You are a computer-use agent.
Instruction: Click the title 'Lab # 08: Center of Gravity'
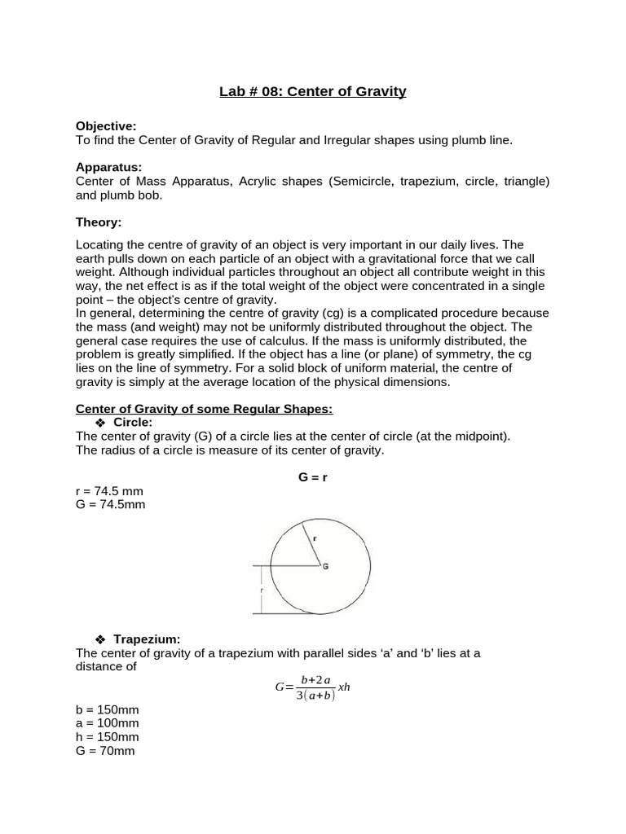(x=312, y=91)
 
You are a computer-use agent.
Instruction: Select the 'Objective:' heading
(x=106, y=125)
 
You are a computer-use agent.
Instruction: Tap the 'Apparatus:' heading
(x=108, y=166)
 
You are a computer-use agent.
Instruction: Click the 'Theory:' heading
(x=99, y=221)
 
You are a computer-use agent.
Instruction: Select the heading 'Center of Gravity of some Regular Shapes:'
(x=204, y=408)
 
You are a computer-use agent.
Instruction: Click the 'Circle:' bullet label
(x=133, y=422)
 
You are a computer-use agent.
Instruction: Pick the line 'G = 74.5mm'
(x=110, y=504)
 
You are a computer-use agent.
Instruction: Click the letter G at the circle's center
(x=325, y=566)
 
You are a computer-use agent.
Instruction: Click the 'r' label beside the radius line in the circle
(x=315, y=538)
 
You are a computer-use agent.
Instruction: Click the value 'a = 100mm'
(x=107, y=723)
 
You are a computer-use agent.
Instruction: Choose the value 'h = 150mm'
(x=107, y=737)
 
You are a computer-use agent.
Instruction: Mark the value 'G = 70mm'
(x=105, y=751)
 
